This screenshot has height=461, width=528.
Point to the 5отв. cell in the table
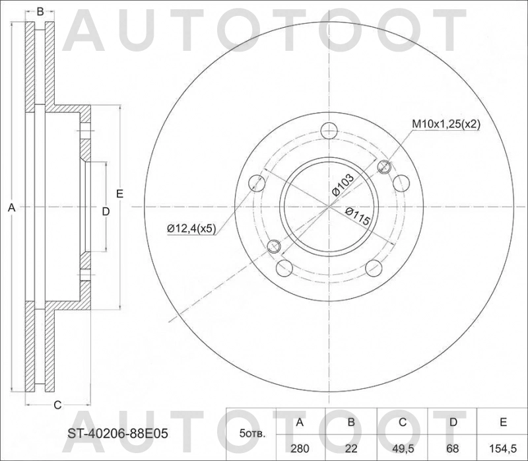pyautogui.click(x=251, y=434)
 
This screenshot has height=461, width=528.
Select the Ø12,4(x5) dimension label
pyautogui.click(x=191, y=228)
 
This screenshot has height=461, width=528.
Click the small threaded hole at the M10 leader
pyautogui.click(x=384, y=168)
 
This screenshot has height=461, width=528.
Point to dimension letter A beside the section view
pyautogui.click(x=11, y=208)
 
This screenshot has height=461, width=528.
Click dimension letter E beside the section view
pyautogui.click(x=119, y=194)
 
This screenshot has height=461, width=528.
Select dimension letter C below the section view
pyautogui.click(x=57, y=404)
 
